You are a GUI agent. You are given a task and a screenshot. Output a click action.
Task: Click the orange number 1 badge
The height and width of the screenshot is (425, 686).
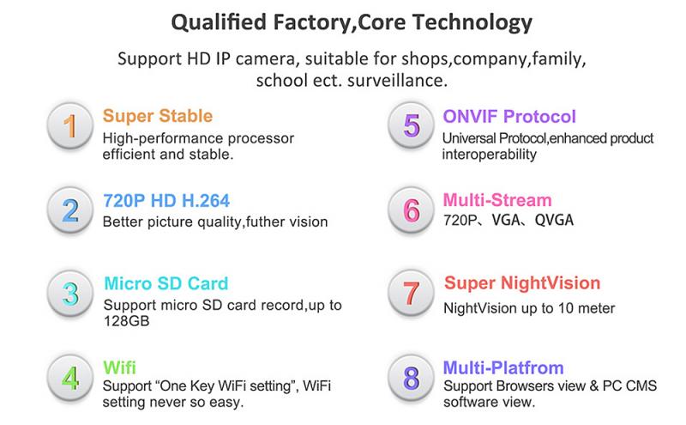click(x=70, y=125)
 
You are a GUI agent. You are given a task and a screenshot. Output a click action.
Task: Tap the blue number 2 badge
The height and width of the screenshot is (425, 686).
click(x=70, y=209)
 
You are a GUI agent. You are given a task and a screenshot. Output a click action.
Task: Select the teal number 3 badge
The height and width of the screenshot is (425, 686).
click(x=70, y=293)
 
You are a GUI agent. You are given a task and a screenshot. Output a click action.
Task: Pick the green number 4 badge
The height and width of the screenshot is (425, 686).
click(x=70, y=378)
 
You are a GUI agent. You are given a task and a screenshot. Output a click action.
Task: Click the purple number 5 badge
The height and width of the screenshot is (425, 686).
click(x=411, y=125)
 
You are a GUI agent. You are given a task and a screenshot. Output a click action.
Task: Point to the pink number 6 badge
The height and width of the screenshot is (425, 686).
click(x=411, y=209)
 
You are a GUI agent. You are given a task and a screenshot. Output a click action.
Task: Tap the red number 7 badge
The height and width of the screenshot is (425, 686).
click(x=411, y=293)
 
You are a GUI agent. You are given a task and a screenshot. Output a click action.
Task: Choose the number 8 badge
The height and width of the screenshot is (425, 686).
click(x=411, y=378)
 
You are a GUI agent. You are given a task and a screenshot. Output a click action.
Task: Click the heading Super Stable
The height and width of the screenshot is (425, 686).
click(x=158, y=116)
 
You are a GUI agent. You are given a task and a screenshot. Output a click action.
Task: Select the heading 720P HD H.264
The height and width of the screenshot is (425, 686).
click(x=166, y=201)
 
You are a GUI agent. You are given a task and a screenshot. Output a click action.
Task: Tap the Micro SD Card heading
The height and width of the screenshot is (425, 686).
click(x=165, y=283)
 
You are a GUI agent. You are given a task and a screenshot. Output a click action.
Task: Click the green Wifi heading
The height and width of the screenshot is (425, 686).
click(x=119, y=367)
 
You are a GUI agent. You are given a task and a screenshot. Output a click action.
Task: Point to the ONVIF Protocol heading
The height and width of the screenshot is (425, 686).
click(x=508, y=117)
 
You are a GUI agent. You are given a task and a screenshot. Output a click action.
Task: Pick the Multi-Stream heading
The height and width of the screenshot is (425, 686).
click(x=497, y=200)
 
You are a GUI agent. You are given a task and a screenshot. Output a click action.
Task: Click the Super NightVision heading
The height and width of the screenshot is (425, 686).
click(x=522, y=283)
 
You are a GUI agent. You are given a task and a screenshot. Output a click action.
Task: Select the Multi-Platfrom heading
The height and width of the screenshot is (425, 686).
click(x=503, y=367)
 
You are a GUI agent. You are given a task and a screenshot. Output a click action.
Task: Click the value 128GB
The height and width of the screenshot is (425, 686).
click(x=126, y=321)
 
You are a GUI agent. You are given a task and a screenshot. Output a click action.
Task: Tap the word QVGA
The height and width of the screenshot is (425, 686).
click(x=554, y=220)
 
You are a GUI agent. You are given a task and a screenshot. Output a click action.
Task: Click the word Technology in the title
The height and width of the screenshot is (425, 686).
click(x=472, y=22)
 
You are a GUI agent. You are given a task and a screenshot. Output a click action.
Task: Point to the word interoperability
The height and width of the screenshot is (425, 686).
click(x=489, y=155)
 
